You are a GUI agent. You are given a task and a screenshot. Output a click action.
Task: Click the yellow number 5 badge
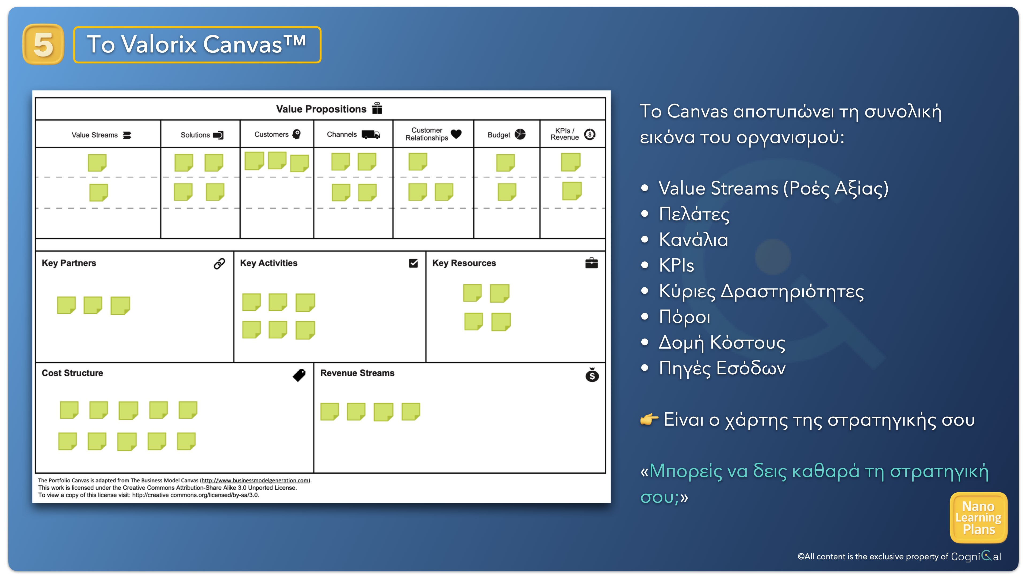click(43, 44)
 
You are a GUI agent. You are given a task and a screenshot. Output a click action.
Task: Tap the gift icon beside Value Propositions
click(377, 108)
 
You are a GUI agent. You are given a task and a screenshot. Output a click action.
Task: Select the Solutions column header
click(202, 135)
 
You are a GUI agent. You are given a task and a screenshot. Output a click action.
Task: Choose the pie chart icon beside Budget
click(520, 134)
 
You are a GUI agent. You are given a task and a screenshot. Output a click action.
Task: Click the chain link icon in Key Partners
click(219, 263)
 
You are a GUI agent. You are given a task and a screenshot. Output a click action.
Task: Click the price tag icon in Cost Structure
click(299, 375)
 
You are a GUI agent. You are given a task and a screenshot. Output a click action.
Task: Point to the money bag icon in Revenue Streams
click(592, 375)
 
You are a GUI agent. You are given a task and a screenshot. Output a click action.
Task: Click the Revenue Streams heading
click(357, 373)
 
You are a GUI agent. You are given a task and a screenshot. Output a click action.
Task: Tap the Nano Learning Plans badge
click(979, 518)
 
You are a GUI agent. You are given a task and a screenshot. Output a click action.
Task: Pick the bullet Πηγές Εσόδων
click(722, 368)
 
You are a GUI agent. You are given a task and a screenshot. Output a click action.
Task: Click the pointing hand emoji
click(649, 420)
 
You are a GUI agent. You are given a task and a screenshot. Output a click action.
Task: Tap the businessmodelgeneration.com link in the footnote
click(255, 481)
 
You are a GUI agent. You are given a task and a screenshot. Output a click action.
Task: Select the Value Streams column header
click(101, 135)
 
